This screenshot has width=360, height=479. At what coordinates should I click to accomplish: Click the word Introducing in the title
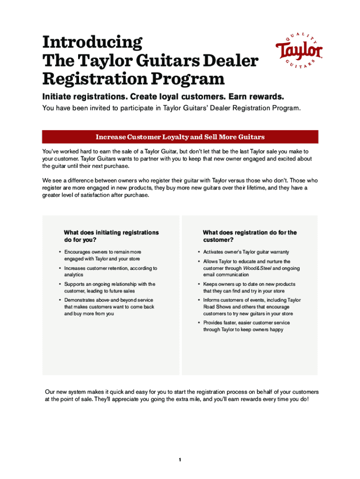click(92, 43)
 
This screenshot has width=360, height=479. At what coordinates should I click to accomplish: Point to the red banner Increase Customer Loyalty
click(180, 137)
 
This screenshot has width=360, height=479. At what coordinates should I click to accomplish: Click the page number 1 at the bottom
click(180, 460)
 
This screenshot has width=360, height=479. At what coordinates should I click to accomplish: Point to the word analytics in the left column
click(74, 275)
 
